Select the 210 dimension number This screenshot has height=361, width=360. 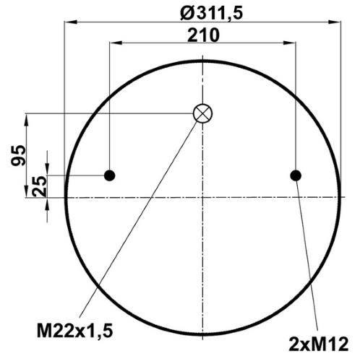[x=203, y=35]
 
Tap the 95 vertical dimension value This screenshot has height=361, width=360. [x=18, y=155]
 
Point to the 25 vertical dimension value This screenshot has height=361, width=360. [x=39, y=186]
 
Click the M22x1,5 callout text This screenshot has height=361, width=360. [x=75, y=331]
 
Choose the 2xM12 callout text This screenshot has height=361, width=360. [x=319, y=344]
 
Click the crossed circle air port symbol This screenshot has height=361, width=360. [x=202, y=113]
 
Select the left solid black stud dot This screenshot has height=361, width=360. [x=110, y=175]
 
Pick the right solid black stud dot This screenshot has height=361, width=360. [x=296, y=175]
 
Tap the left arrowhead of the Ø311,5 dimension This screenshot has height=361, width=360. [x=71, y=22]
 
